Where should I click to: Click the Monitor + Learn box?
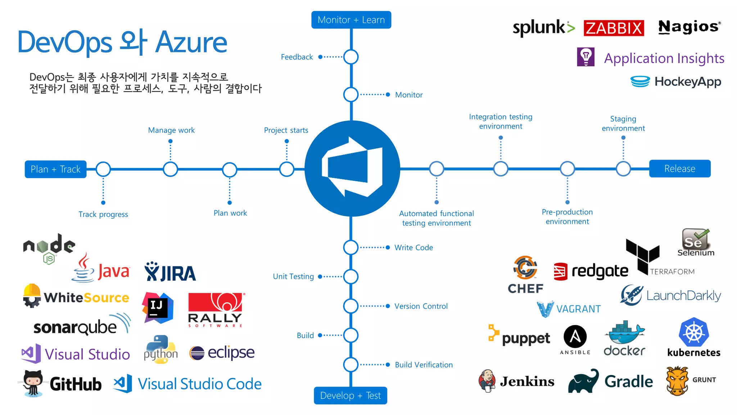(x=351, y=20)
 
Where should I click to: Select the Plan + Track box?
(x=55, y=169)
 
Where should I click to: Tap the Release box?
(x=679, y=169)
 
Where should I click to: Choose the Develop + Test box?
(x=350, y=396)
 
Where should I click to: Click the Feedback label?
(x=297, y=57)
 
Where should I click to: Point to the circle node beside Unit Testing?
(x=351, y=277)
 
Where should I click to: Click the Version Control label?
(x=421, y=306)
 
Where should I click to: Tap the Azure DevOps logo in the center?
(x=352, y=169)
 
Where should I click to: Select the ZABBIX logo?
(x=614, y=28)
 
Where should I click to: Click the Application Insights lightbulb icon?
(x=585, y=57)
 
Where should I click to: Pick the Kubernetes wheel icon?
(x=693, y=332)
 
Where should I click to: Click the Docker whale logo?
(x=625, y=333)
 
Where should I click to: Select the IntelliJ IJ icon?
(x=158, y=308)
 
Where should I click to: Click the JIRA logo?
(x=170, y=272)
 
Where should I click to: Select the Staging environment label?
(x=623, y=124)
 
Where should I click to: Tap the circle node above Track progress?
(x=103, y=169)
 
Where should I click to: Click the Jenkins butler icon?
(x=487, y=381)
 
